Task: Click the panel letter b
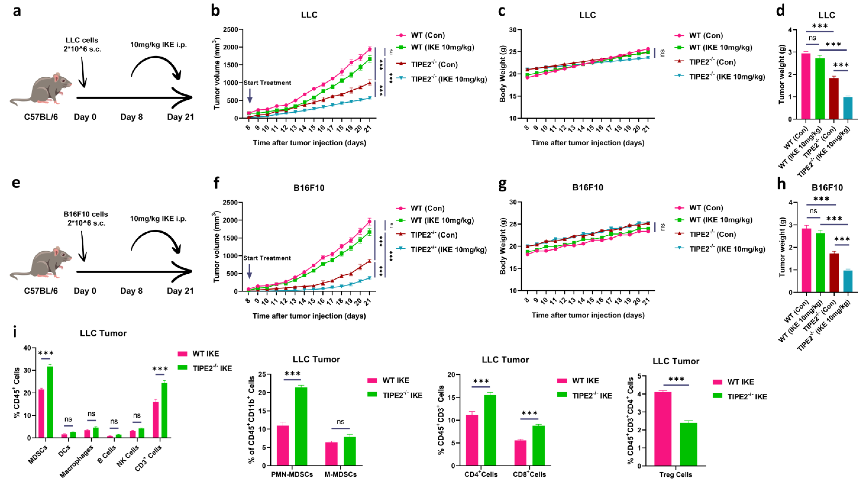215,11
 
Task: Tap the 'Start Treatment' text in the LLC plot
267,83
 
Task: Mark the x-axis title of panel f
309,316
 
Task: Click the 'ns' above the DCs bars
68,419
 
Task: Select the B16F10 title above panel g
588,188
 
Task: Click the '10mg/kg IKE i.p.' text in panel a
158,45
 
